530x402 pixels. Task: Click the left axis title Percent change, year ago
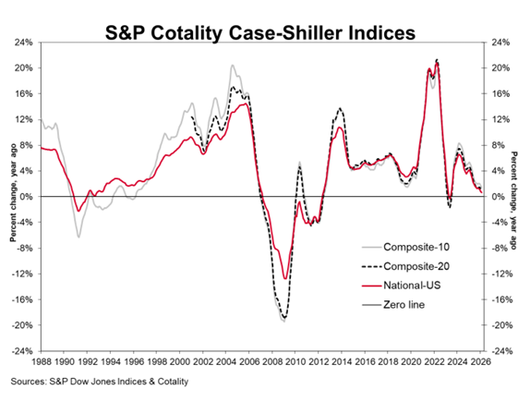coord(12,197)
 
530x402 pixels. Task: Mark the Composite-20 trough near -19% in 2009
coord(283,319)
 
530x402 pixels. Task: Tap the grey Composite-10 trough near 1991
coord(78,238)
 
